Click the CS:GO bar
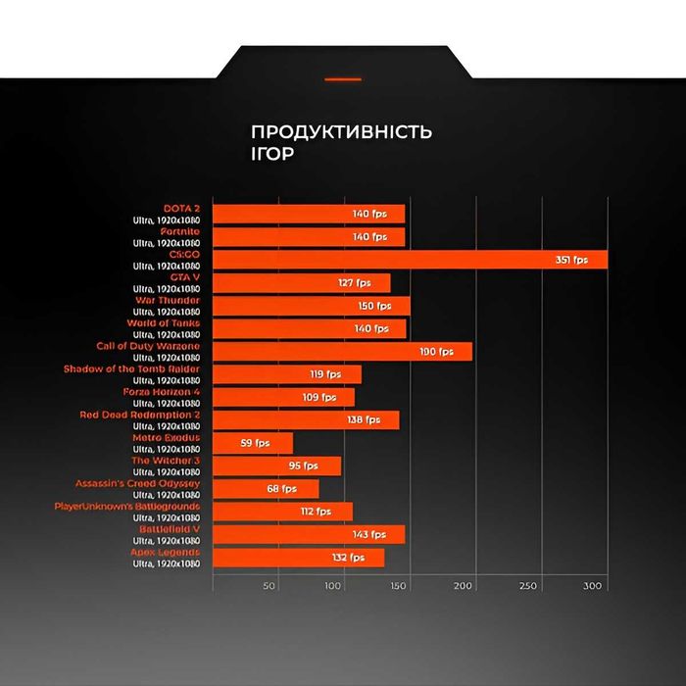tap(410, 260)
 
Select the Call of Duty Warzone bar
tap(342, 351)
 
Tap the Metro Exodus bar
tap(252, 443)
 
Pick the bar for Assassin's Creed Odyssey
tap(265, 488)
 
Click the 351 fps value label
tap(571, 260)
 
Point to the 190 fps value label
tap(437, 351)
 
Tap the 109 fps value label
tap(319, 397)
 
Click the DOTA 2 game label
tap(181, 208)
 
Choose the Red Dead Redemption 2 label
tap(139, 415)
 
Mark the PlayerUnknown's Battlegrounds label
tap(127, 506)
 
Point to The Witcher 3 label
tap(166, 461)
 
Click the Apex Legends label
tap(165, 552)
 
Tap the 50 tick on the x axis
tap(269, 586)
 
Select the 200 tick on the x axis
tap(464, 586)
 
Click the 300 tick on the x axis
tap(592, 586)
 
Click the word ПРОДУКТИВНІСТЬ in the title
tap(341, 132)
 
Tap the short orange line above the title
tap(343, 78)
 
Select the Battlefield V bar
tap(308, 534)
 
